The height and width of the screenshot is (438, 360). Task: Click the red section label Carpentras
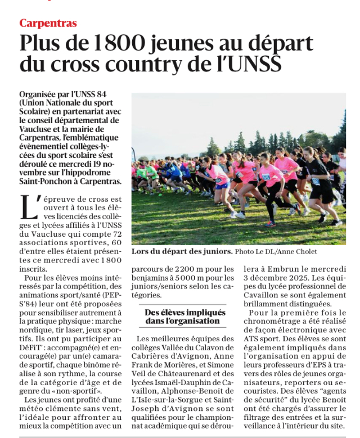[x=48, y=23]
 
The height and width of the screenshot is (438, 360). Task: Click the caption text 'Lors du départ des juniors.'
[x=182, y=251]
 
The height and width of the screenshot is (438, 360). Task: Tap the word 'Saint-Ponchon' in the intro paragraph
[x=46, y=181]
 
